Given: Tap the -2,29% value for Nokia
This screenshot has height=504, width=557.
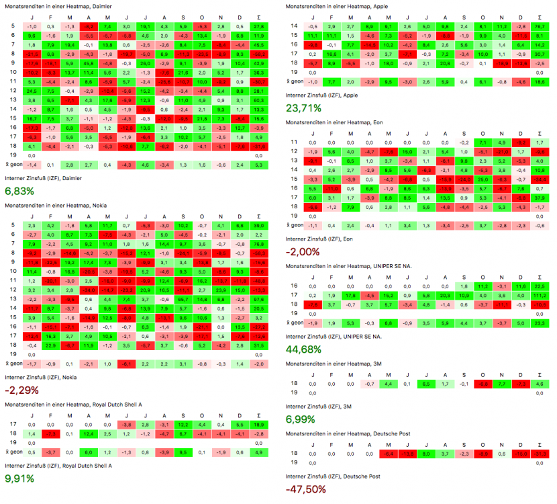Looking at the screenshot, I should click(x=20, y=389).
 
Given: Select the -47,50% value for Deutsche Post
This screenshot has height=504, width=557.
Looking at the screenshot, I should click(x=306, y=489).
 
